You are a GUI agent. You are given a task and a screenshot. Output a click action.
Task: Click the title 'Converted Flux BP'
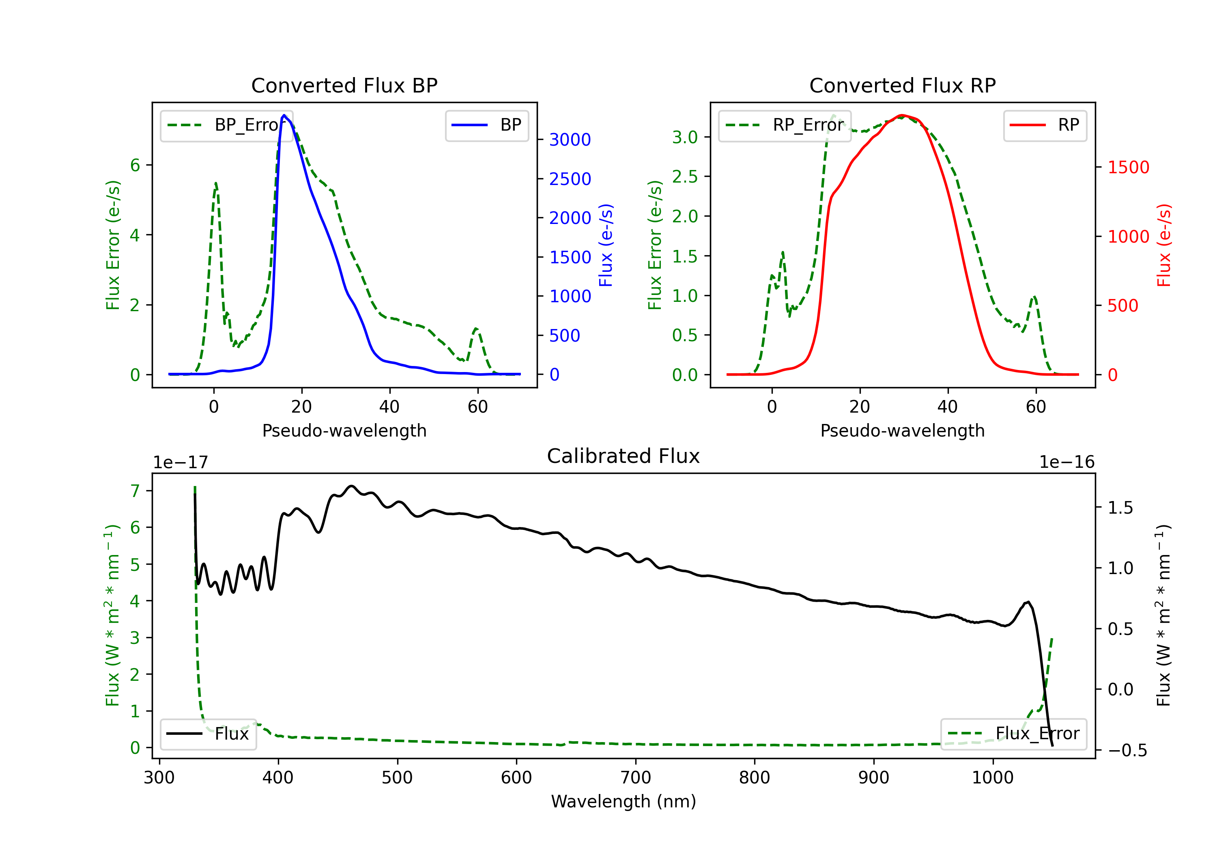(x=344, y=85)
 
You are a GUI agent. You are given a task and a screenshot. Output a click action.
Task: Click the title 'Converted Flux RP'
(x=902, y=85)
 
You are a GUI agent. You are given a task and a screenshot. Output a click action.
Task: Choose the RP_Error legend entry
(x=785, y=125)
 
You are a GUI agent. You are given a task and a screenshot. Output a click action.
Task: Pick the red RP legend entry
(x=1045, y=125)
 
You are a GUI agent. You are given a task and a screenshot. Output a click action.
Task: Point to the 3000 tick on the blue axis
(x=570, y=140)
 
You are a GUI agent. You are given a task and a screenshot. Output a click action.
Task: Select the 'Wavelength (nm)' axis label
(x=624, y=801)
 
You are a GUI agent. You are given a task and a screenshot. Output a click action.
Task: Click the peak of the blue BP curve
(x=284, y=115)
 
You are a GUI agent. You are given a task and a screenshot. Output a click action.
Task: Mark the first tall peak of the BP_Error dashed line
(x=216, y=183)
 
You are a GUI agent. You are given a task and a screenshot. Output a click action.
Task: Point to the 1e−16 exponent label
(x=1066, y=463)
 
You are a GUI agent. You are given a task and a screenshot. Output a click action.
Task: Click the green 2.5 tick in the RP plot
(x=685, y=176)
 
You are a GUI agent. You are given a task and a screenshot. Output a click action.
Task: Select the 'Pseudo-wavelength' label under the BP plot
(x=344, y=430)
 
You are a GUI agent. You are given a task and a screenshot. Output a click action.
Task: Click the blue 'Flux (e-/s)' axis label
(x=606, y=245)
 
